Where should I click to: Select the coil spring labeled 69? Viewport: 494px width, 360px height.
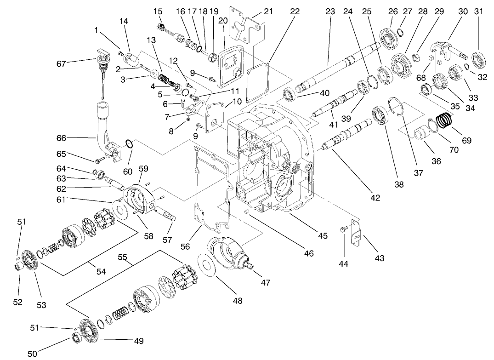click(x=444, y=120)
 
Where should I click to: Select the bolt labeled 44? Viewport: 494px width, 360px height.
click(x=342, y=230)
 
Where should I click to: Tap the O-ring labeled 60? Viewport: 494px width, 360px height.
click(x=130, y=145)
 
